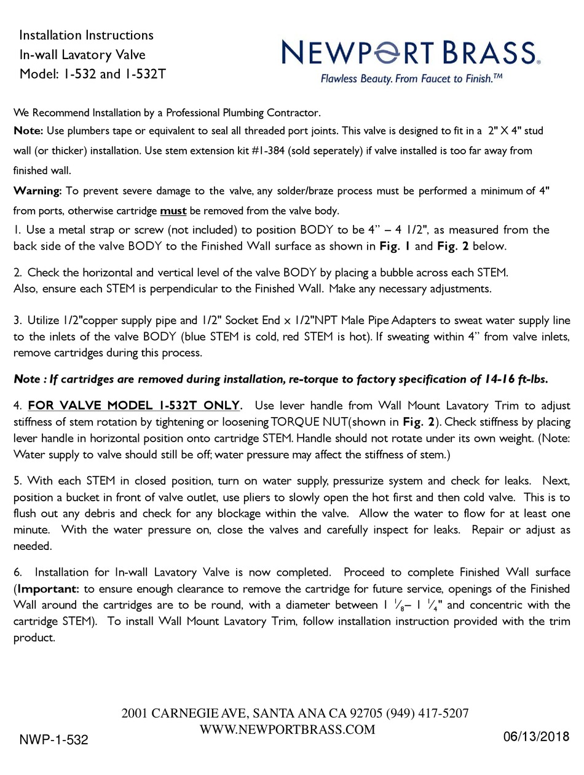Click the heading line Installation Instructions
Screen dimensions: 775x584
tap(87, 35)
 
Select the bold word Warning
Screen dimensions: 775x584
tap(37, 191)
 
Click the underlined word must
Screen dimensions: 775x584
tap(173, 211)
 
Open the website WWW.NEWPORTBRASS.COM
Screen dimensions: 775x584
tap(288, 729)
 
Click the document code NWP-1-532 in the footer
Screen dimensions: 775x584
tap(54, 740)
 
